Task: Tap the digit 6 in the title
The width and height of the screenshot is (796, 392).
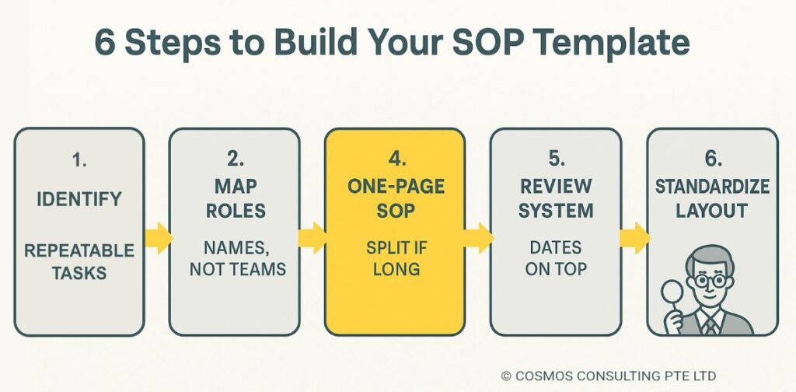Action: [x=104, y=43]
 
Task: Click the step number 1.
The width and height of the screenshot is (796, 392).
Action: [x=79, y=160]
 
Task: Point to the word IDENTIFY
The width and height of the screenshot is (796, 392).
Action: [x=79, y=198]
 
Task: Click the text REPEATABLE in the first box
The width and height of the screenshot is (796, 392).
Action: [x=79, y=250]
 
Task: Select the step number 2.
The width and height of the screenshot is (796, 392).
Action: [x=234, y=160]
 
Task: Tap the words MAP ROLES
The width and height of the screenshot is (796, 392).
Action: [x=234, y=199]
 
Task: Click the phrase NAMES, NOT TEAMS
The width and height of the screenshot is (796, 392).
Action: [x=234, y=259]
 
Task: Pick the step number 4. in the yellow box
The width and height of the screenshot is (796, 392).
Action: [x=394, y=160]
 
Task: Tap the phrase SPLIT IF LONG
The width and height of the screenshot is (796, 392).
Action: [x=394, y=259]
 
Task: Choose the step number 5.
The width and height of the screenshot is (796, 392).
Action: [x=556, y=160]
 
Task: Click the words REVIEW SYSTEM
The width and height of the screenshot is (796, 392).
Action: [x=556, y=199]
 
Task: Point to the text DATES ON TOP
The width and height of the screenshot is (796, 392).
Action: [x=556, y=259]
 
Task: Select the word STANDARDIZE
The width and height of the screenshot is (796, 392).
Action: [x=712, y=187]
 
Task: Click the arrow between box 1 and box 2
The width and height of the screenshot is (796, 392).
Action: [x=158, y=237]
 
